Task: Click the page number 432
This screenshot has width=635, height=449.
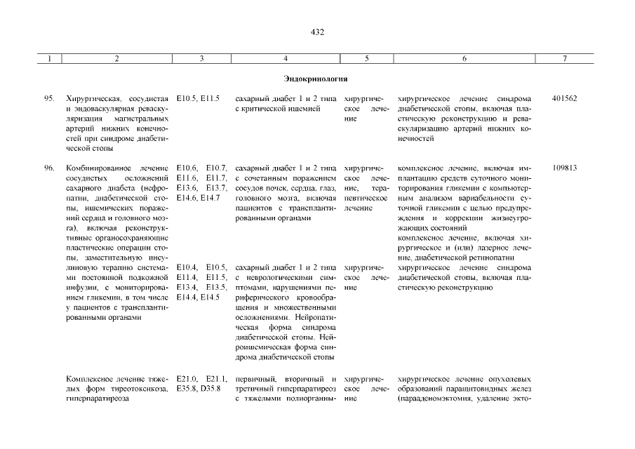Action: (316, 32)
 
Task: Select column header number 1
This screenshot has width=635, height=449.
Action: (50, 59)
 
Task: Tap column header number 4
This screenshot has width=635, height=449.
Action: (286, 59)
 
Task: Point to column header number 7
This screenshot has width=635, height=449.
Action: (565, 59)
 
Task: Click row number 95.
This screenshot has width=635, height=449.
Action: (50, 99)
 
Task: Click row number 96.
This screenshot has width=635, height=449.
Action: (50, 168)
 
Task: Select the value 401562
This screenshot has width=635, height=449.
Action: (564, 99)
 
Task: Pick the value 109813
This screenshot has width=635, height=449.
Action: (564, 168)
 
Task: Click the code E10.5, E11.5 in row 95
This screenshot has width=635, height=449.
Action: (199, 99)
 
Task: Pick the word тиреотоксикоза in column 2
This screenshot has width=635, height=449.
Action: (139, 389)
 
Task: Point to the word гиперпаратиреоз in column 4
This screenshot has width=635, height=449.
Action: (309, 389)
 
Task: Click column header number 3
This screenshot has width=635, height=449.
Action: (201, 59)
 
